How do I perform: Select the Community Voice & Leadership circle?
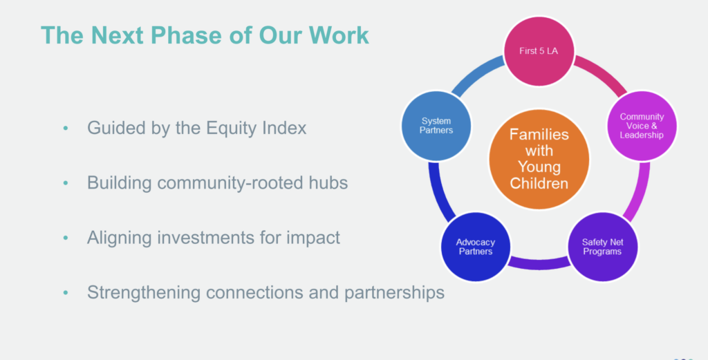641,126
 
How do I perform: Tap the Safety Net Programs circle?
602,246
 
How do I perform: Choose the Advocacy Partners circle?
475,247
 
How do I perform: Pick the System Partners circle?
436,126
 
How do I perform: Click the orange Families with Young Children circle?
539,158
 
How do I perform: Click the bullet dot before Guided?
66,129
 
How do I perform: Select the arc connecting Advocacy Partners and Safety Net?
538,263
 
